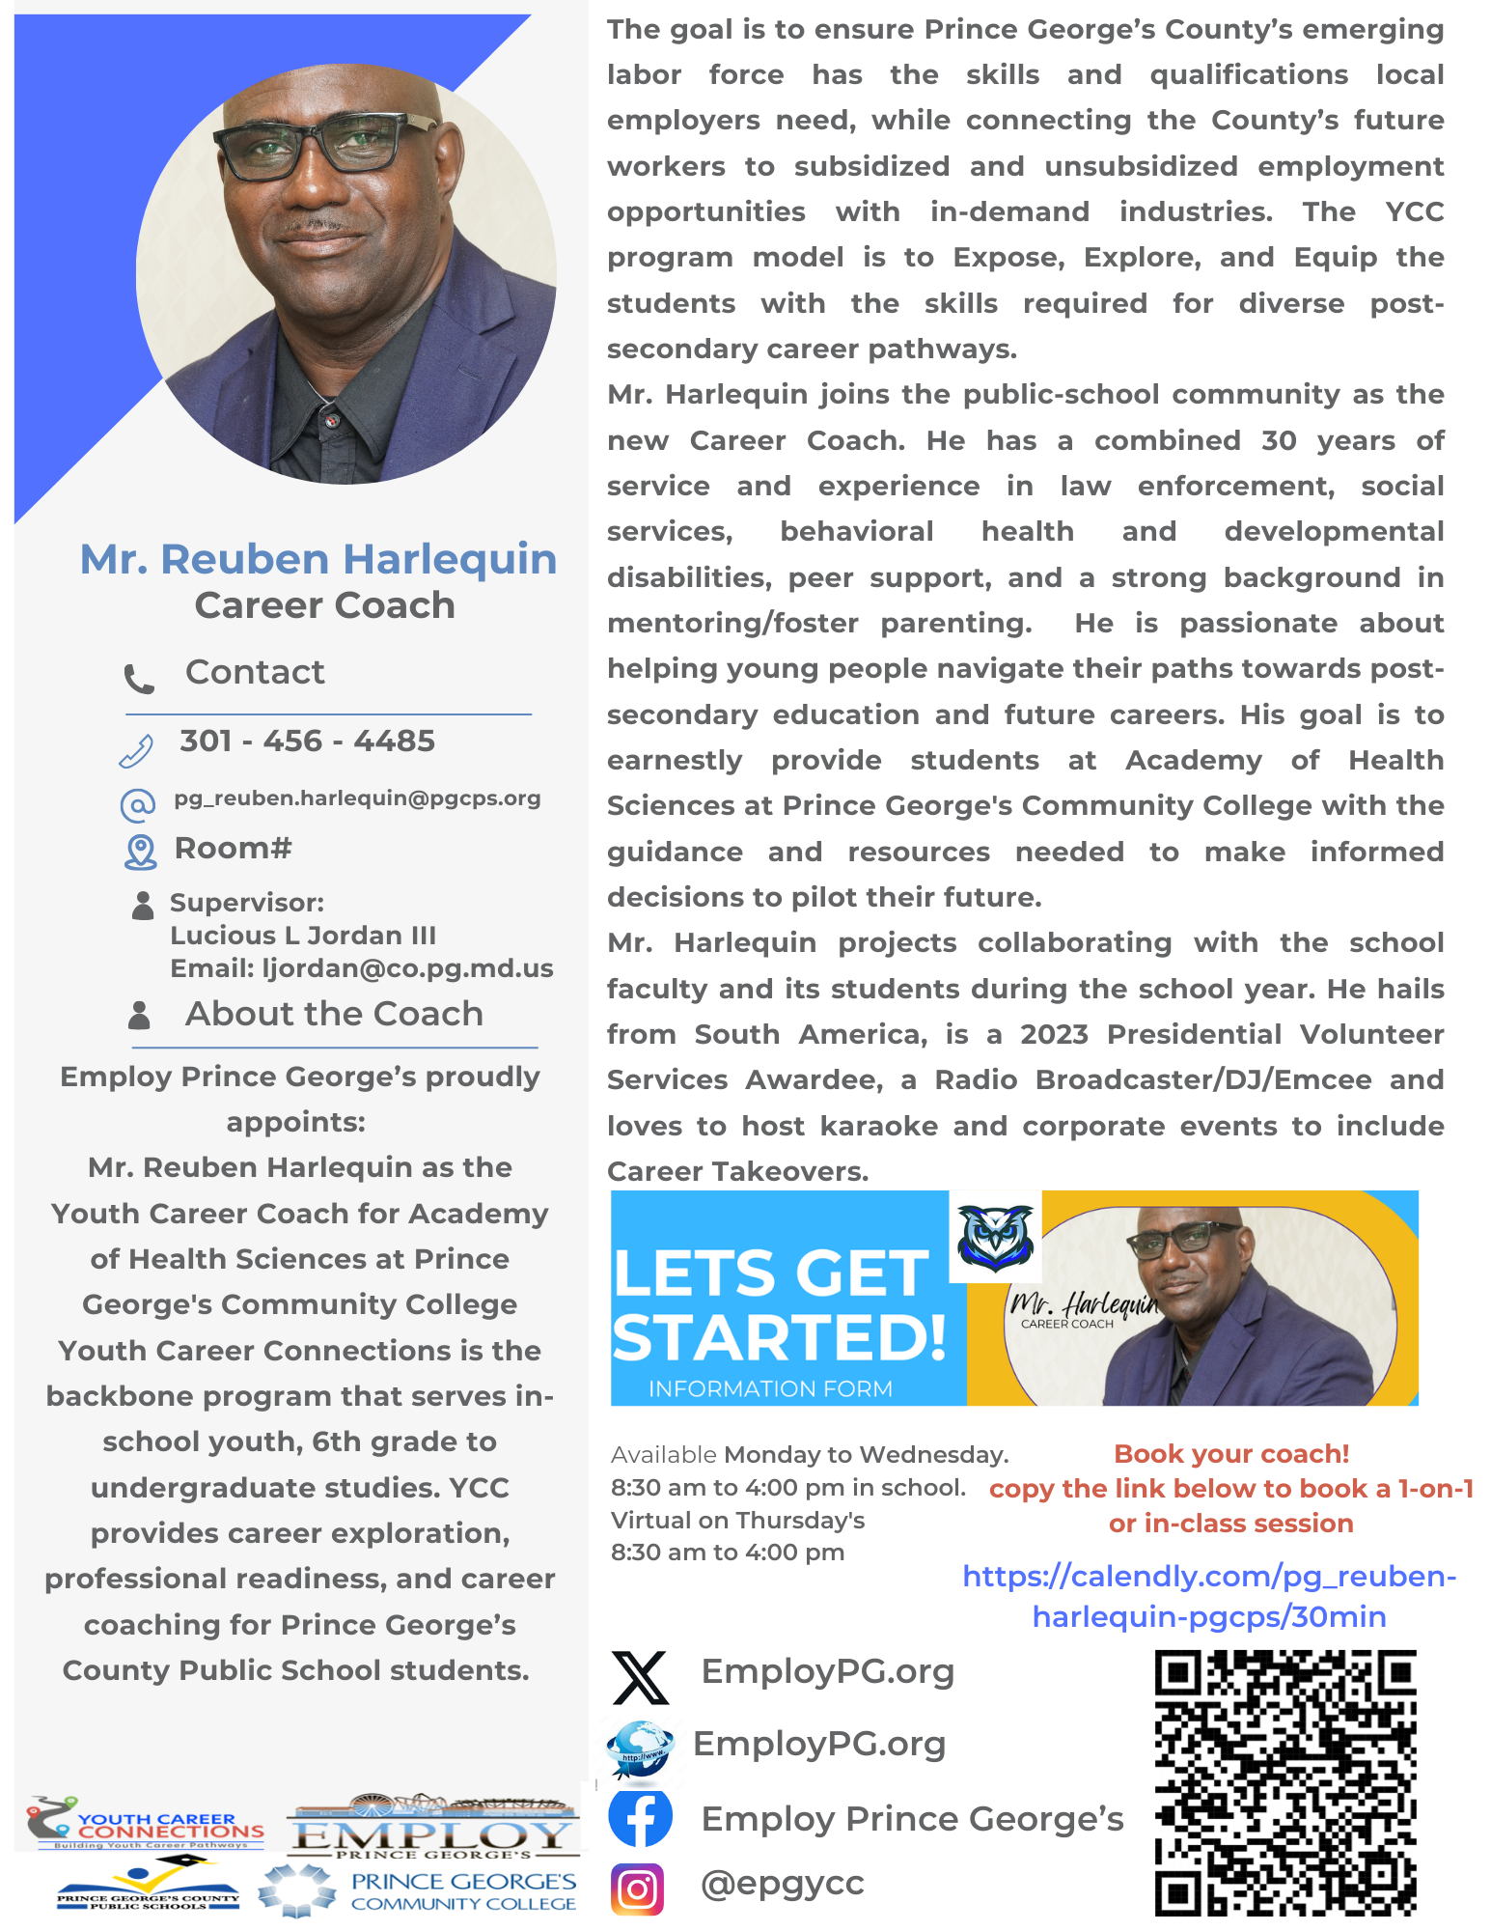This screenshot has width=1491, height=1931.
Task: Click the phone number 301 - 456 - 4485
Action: tap(307, 741)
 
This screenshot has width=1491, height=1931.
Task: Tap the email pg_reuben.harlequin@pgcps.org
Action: tap(357, 798)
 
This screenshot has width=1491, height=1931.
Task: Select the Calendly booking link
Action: tap(1209, 1596)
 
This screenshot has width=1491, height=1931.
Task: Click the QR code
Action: tap(1284, 1782)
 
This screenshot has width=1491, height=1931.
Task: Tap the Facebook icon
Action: tap(640, 1817)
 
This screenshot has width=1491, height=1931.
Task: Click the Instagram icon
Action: tap(637, 1889)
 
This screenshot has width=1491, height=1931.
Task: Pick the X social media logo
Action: tap(640, 1677)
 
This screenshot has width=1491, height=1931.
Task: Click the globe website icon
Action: tap(639, 1748)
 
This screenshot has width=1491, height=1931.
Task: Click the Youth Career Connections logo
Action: tap(145, 1823)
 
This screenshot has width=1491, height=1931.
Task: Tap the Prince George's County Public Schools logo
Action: tap(147, 1886)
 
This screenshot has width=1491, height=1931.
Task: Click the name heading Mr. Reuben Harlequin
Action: tap(318, 559)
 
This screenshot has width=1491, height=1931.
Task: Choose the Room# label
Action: tap(233, 849)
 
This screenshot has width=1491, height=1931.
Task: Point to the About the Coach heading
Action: tap(334, 1014)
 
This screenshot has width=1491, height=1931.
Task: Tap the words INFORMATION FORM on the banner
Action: tap(770, 1388)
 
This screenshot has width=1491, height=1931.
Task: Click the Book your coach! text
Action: tap(1230, 1454)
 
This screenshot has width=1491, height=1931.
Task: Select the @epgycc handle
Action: tap(782, 1883)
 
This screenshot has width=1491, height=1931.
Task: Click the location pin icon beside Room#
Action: tap(141, 852)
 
